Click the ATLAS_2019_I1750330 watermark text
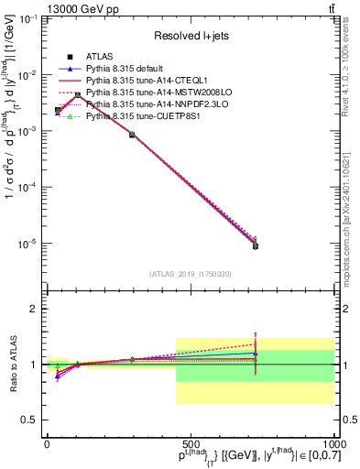191,274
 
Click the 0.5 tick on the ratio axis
29,420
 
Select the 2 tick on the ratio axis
35,309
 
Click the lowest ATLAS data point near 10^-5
256,245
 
